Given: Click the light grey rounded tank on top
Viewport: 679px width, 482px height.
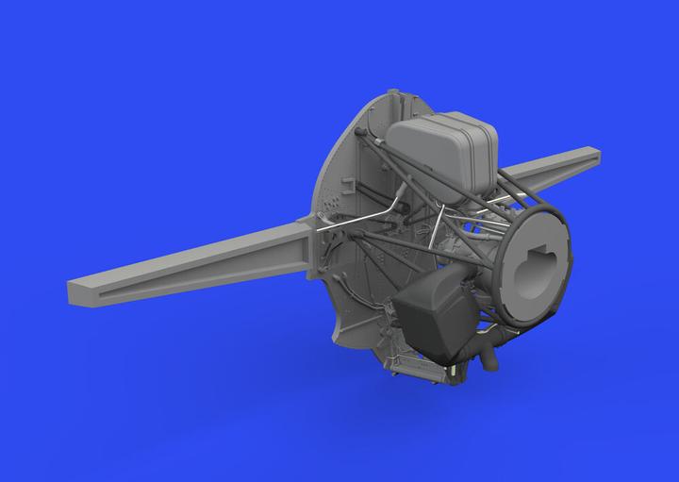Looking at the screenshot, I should (439, 151).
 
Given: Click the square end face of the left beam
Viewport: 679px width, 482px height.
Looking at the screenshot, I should (78, 282).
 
